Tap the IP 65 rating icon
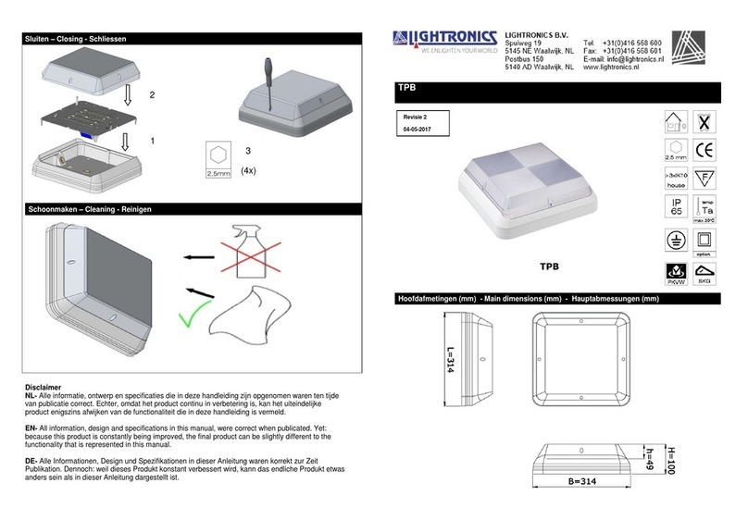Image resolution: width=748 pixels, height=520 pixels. click(x=679, y=209)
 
